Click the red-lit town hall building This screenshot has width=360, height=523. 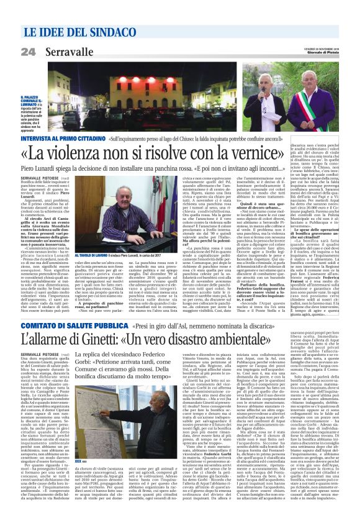pos(143,93)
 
